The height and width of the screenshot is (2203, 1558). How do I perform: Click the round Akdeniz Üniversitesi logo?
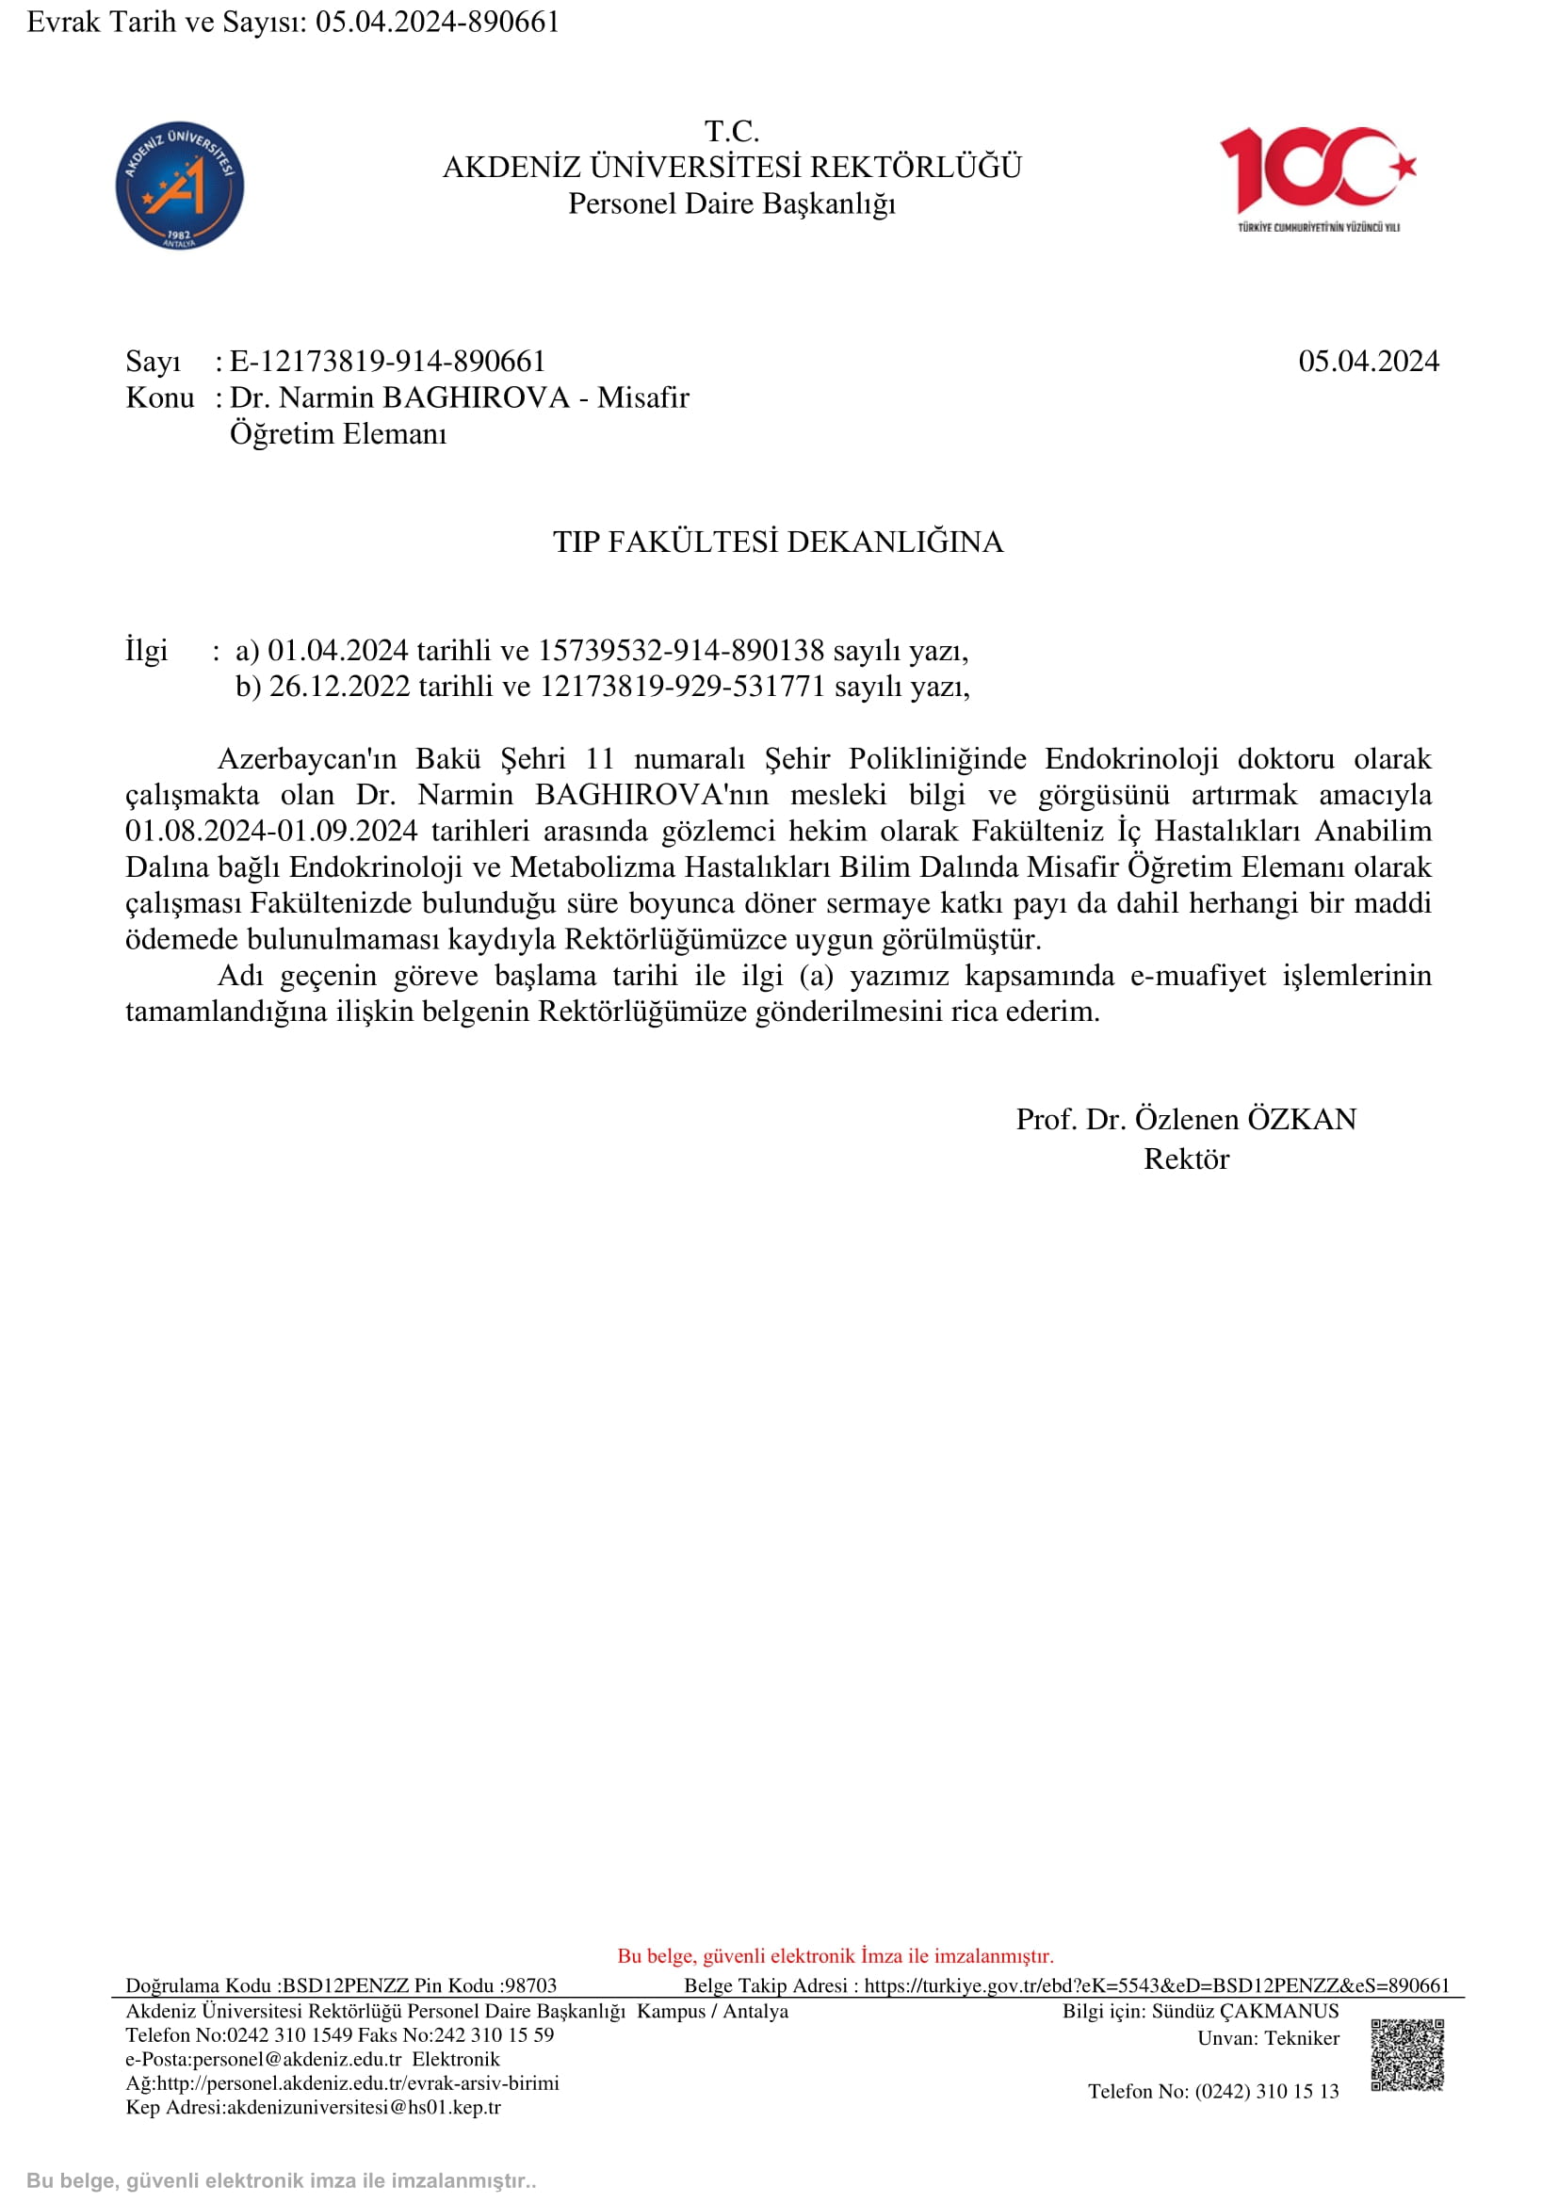click(x=179, y=186)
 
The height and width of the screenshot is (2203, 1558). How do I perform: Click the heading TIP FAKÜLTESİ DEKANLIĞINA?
click(x=778, y=543)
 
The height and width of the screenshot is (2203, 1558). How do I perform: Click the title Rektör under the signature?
click(x=1186, y=1159)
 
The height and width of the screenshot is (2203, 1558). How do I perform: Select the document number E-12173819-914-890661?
click(x=387, y=362)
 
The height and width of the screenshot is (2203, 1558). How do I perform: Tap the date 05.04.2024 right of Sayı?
click(x=1368, y=362)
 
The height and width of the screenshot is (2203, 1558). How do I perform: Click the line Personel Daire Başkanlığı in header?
click(x=732, y=204)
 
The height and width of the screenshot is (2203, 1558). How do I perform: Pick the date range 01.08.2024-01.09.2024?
click(x=271, y=831)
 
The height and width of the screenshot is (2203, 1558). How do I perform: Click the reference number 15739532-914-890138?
click(x=680, y=651)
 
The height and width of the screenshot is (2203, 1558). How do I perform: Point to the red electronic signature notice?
click(x=835, y=1956)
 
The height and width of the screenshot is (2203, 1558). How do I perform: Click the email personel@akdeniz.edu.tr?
click(x=297, y=2059)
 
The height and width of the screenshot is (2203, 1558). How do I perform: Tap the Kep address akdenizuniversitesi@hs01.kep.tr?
click(x=364, y=2108)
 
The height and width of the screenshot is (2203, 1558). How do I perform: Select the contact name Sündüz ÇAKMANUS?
click(x=1244, y=2011)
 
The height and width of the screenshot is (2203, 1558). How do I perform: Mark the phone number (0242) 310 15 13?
click(x=1266, y=2092)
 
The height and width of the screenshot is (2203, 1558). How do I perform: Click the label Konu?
click(x=159, y=398)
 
